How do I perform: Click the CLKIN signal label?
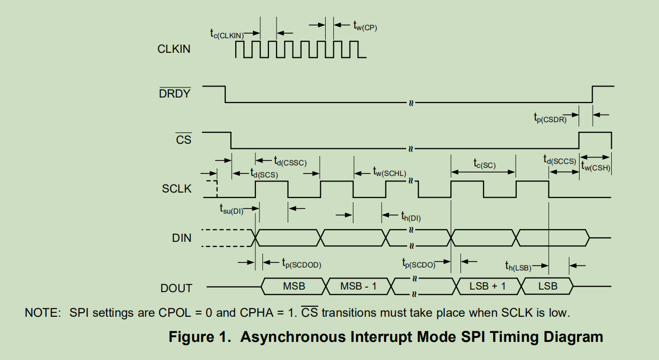(174, 49)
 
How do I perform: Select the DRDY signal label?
(174, 94)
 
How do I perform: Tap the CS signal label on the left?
(183, 139)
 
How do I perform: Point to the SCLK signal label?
(176, 189)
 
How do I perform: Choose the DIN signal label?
(181, 238)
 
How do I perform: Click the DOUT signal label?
(176, 288)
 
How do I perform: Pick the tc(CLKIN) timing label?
(227, 34)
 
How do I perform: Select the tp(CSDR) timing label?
(550, 118)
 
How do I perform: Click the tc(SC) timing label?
(485, 164)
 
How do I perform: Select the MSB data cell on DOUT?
(294, 286)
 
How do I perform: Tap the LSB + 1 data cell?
(488, 286)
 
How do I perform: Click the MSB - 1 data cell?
(358, 286)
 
